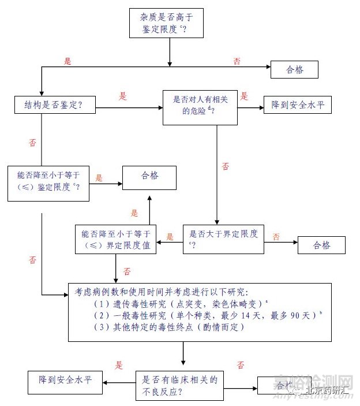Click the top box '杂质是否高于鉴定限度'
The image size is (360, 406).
(x=167, y=23)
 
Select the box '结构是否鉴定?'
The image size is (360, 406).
(x=55, y=105)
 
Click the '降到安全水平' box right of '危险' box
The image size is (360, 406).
(x=298, y=105)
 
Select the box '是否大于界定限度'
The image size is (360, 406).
(x=223, y=239)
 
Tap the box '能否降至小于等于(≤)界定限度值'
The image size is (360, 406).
(x=116, y=239)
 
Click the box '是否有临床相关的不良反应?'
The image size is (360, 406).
(x=179, y=385)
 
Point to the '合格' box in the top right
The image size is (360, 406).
(x=294, y=70)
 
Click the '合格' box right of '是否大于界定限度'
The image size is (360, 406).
(x=321, y=245)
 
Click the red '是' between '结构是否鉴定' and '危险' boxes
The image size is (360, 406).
(x=122, y=96)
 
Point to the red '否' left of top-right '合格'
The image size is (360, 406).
(x=237, y=61)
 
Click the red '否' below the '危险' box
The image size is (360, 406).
(x=225, y=166)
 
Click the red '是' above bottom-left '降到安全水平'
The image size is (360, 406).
(x=119, y=365)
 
